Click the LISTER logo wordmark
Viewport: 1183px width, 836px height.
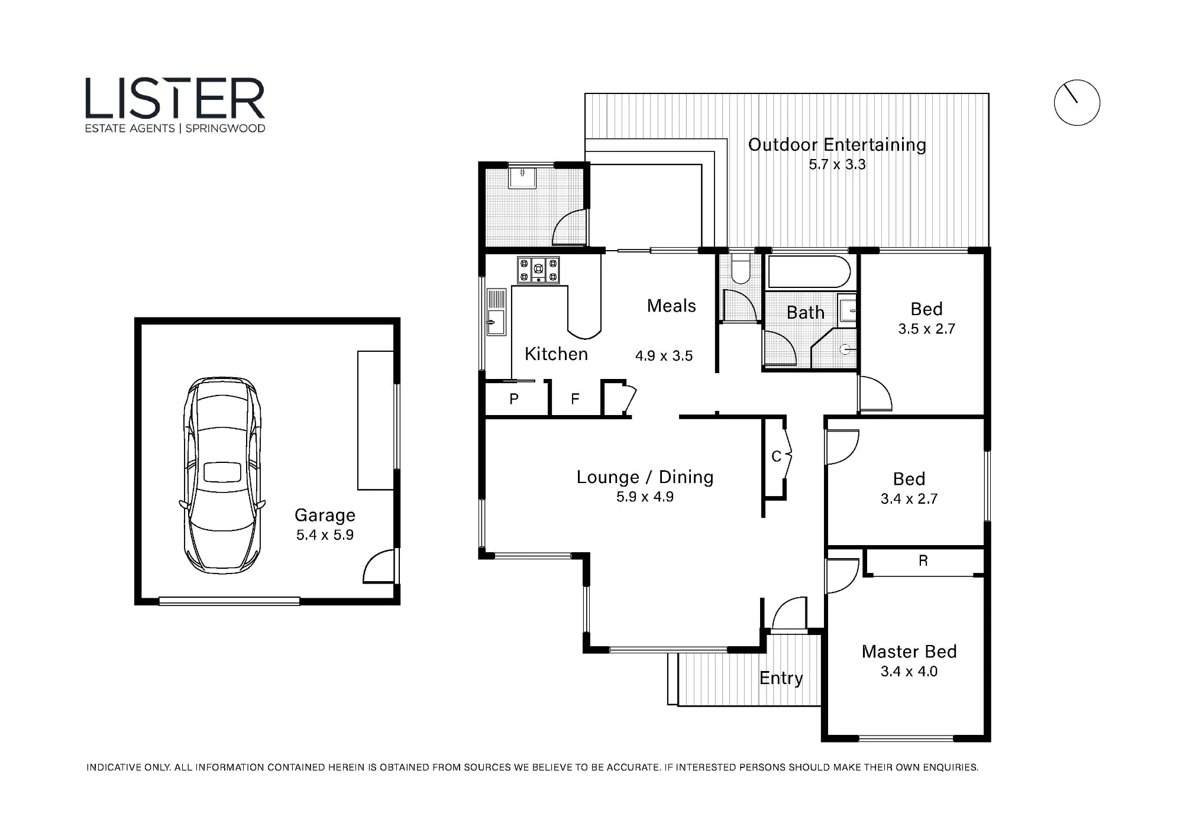click(x=175, y=98)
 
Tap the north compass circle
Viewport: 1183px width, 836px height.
click(x=1077, y=80)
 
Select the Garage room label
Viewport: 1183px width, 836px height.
click(x=325, y=515)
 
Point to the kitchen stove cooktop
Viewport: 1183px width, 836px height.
click(x=538, y=270)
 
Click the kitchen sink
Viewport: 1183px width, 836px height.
click(x=496, y=312)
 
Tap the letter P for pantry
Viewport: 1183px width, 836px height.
click(x=514, y=399)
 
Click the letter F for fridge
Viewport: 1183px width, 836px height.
click(x=575, y=399)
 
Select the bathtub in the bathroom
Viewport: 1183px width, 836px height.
click(x=809, y=271)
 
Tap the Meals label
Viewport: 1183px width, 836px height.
click(x=671, y=306)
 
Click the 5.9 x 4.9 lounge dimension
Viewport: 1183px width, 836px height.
click(x=645, y=497)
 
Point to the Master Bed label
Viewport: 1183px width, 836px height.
click(x=909, y=652)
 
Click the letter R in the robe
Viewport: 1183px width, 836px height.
click(x=923, y=560)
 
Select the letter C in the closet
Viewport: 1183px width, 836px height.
click(x=777, y=456)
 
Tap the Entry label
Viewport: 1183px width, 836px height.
click(x=781, y=678)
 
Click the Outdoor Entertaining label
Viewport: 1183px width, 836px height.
click(x=837, y=145)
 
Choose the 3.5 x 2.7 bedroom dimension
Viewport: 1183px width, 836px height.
click(x=926, y=329)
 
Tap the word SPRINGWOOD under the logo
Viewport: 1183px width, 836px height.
click(x=225, y=128)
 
